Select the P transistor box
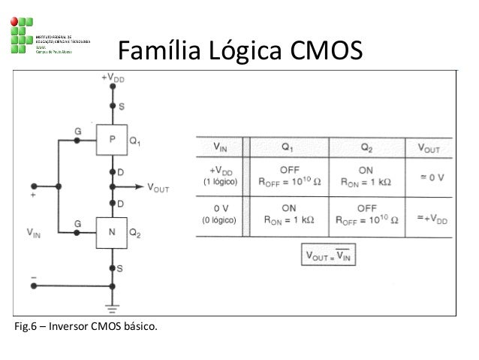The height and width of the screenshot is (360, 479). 113,139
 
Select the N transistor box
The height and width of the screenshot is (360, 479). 113,231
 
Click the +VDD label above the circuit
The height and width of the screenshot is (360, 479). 113,77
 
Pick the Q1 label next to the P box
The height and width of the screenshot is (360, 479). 136,140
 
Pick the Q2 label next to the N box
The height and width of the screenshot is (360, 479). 136,232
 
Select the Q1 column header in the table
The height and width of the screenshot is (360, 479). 288,146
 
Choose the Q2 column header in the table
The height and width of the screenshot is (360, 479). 366,146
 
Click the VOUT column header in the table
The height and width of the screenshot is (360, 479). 429,147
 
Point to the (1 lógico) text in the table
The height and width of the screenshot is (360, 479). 221,183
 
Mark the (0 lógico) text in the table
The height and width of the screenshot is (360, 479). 221,221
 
